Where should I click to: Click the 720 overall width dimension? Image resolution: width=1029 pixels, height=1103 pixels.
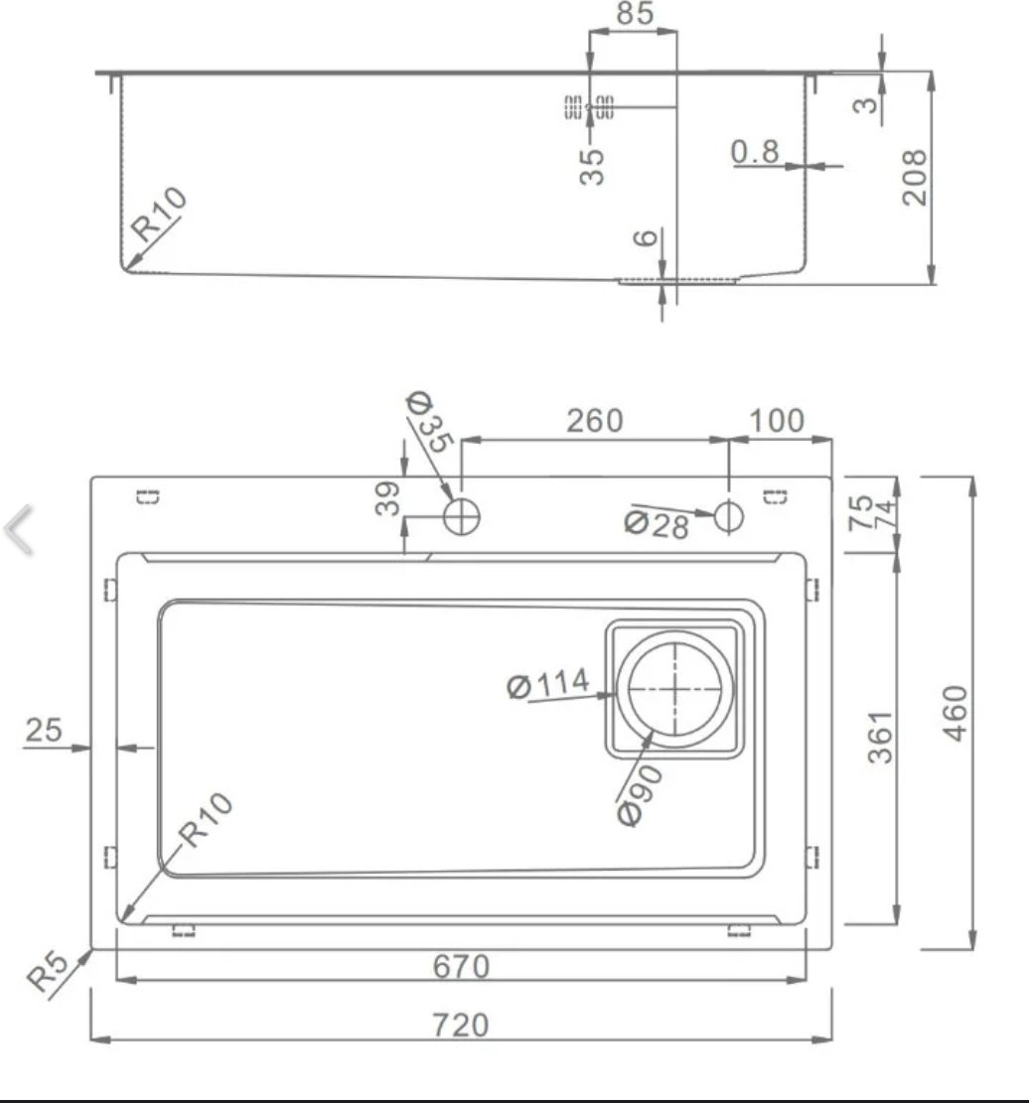click(x=461, y=1024)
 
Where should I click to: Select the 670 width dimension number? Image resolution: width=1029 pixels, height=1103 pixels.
click(x=461, y=965)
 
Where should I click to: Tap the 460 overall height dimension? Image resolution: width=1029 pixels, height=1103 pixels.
click(x=954, y=712)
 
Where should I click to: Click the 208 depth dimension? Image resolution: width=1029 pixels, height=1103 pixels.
click(x=913, y=177)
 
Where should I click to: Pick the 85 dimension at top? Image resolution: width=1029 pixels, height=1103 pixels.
click(x=635, y=15)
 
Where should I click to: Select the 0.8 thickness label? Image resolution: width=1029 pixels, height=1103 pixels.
click(x=755, y=152)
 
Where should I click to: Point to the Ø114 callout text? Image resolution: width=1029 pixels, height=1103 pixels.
click(x=547, y=684)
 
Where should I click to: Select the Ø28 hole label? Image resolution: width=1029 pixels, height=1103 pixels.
click(x=657, y=524)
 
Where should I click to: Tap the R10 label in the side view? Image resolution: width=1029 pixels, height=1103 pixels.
click(x=160, y=214)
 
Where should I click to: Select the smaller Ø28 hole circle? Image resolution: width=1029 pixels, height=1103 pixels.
click(x=728, y=514)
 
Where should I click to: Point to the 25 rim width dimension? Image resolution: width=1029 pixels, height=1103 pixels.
click(x=43, y=730)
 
